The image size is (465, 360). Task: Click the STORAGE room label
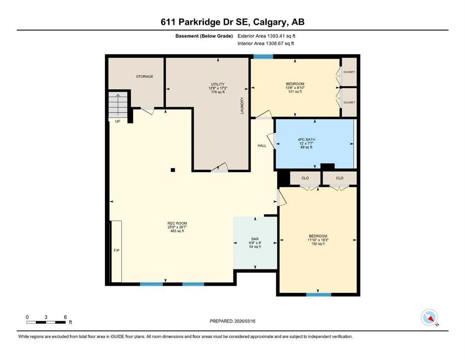[145, 76]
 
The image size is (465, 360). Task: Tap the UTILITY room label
[218, 84]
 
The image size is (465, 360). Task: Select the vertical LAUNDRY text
[242, 105]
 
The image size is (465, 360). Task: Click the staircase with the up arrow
[118, 105]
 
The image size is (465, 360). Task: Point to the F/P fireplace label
[117, 250]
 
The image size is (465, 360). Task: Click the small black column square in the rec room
[173, 170]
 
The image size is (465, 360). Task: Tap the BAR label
[255, 239]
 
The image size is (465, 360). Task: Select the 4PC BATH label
[306, 140]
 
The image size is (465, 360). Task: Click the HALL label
[262, 146]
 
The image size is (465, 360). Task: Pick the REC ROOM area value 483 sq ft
[177, 231]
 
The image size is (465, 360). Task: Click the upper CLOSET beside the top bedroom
[349, 72]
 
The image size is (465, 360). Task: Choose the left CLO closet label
[305, 178]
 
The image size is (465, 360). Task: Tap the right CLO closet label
[340, 178]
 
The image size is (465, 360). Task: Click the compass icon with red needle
[429, 317]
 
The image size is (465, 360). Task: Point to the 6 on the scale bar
[65, 317]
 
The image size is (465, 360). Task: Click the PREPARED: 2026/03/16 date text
[232, 321]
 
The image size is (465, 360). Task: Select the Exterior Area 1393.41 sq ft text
[266, 36]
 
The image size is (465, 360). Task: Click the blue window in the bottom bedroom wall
[318, 294]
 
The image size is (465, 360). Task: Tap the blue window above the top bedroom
[263, 56]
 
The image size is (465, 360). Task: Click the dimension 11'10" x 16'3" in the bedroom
[318, 240]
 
